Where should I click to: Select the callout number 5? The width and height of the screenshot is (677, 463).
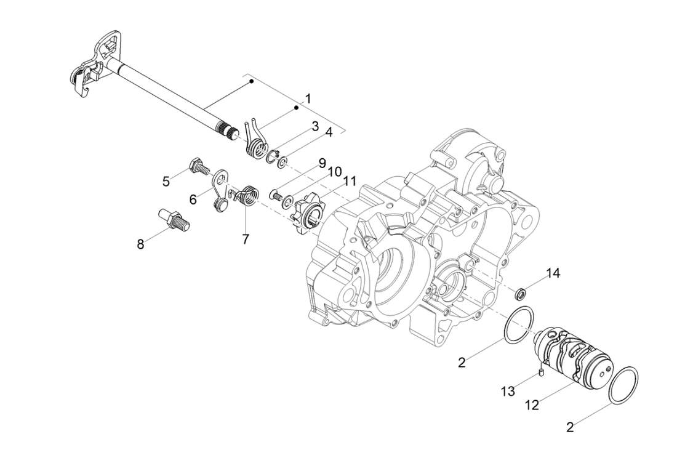click(x=166, y=181)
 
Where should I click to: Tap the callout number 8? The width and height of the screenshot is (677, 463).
click(x=141, y=244)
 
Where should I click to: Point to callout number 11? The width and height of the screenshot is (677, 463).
click(x=350, y=181)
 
